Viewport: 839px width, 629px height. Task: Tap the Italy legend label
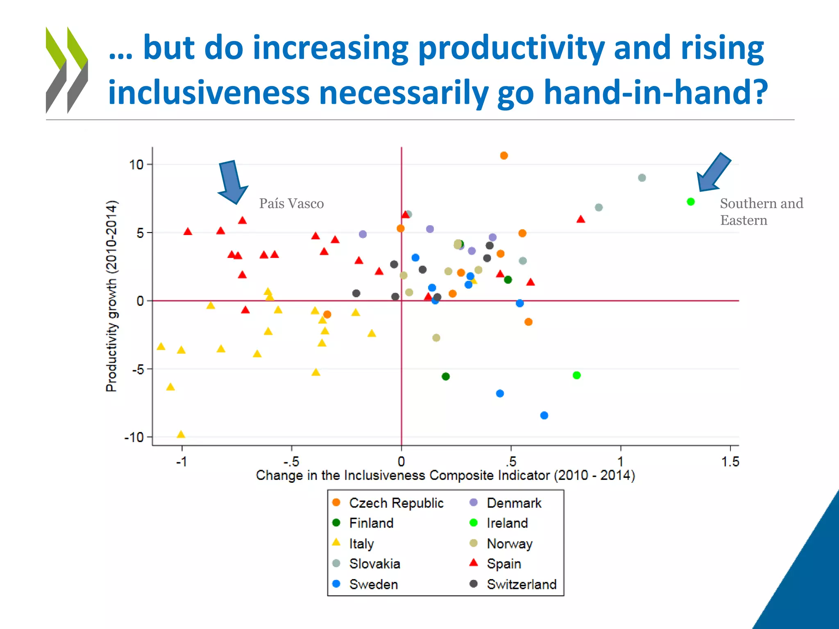tap(361, 544)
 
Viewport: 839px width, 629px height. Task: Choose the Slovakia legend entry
tap(374, 564)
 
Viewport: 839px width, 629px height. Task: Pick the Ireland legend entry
tap(507, 523)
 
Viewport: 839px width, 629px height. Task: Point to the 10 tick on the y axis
tap(137, 165)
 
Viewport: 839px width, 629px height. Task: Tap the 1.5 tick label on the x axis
tap(730, 462)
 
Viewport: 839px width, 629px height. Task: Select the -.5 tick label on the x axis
tap(291, 462)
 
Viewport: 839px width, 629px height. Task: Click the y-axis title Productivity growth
tap(111, 296)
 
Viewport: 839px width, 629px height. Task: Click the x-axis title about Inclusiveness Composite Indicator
tap(445, 475)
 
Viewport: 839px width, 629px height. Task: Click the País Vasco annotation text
tap(291, 204)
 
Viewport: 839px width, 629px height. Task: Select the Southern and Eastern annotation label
tap(761, 212)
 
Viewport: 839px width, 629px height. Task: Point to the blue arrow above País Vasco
tap(232, 182)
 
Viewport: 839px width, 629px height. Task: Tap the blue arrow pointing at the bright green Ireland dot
tap(714, 172)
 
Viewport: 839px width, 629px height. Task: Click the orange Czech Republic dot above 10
tap(504, 156)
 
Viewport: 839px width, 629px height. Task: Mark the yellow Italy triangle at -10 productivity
tap(181, 434)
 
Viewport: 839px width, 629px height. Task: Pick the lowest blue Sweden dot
tap(544, 415)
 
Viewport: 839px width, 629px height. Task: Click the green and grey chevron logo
tap(67, 70)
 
